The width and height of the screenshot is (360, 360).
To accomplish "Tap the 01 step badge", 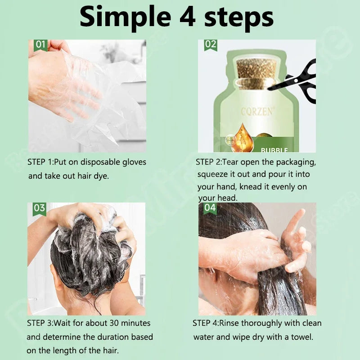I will (x=40, y=45).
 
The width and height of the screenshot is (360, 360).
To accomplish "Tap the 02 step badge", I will (x=210, y=45).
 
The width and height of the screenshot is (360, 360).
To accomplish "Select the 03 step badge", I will (x=39, y=207).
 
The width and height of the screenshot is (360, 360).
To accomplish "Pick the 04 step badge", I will (x=210, y=207).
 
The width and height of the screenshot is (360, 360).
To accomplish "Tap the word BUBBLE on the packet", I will (x=274, y=150).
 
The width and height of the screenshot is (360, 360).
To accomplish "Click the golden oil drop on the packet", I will (x=243, y=135).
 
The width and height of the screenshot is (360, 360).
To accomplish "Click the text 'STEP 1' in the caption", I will (x=40, y=162).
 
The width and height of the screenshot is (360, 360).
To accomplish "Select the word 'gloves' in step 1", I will (x=130, y=162).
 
